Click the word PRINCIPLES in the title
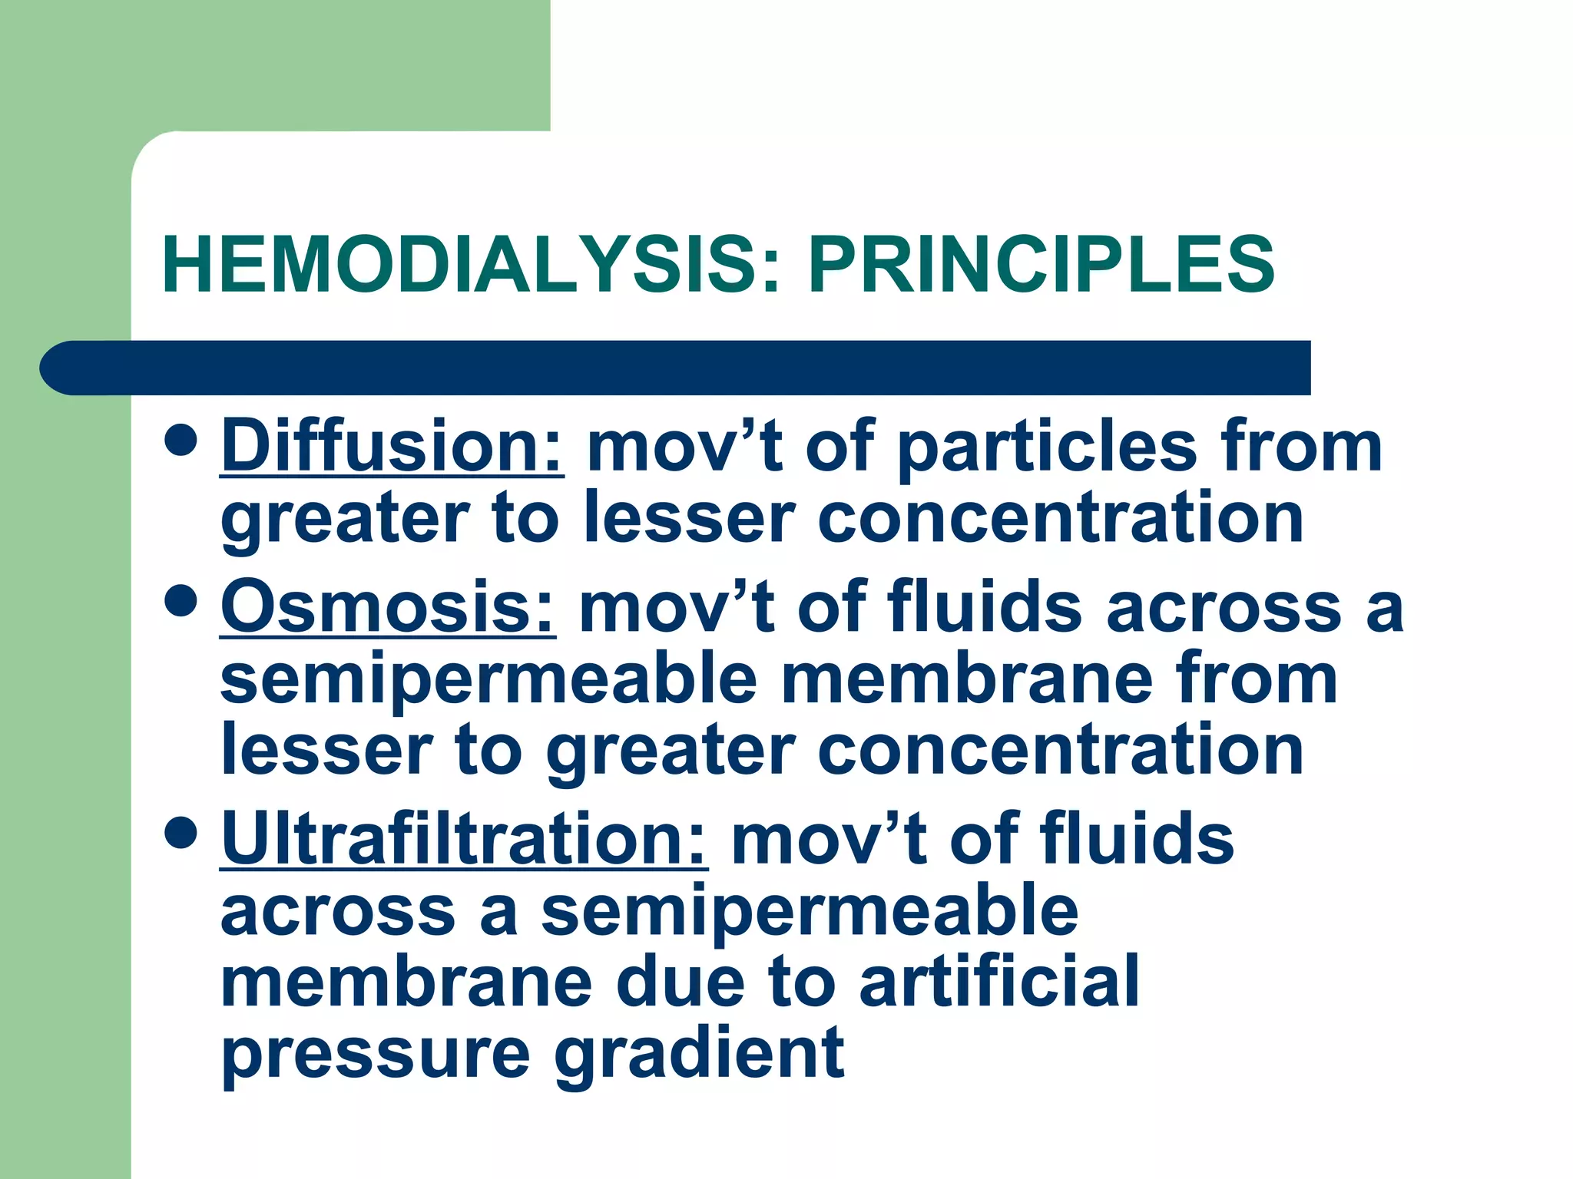tap(1041, 265)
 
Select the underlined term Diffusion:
tap(392, 447)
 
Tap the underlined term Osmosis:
tap(388, 608)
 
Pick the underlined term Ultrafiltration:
tap(464, 840)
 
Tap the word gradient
tap(699, 1055)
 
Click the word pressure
tap(376, 1056)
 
